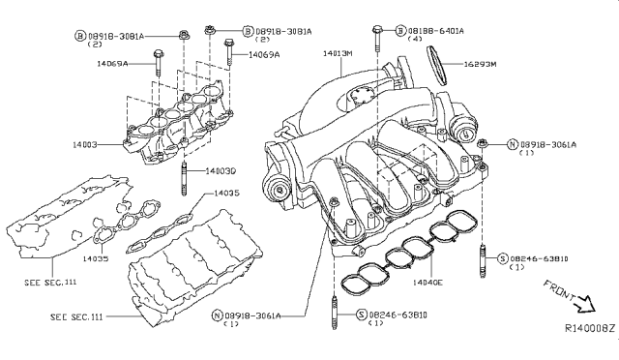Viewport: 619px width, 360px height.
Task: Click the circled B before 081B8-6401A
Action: (400, 31)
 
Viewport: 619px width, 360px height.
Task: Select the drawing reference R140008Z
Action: (589, 330)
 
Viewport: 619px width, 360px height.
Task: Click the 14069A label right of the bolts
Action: (263, 55)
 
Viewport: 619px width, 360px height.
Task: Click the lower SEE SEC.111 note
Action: (78, 317)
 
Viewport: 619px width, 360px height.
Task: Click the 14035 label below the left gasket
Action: (94, 259)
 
